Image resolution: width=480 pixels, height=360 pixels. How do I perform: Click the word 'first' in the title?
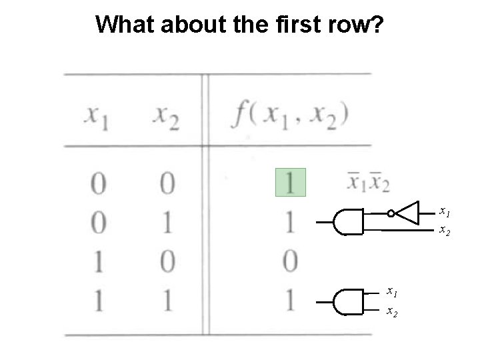pyautogui.click(x=273, y=25)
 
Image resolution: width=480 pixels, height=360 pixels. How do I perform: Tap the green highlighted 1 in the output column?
pyautogui.click(x=291, y=182)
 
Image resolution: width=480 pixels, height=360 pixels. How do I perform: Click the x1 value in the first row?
pyautogui.click(x=98, y=183)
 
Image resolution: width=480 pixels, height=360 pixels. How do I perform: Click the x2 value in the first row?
pyautogui.click(x=166, y=183)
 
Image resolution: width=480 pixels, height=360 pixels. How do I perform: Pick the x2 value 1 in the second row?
pyautogui.click(x=166, y=223)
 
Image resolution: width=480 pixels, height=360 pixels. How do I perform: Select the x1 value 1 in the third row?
pyautogui.click(x=98, y=262)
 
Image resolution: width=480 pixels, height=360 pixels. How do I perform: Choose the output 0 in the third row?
pyautogui.click(x=291, y=262)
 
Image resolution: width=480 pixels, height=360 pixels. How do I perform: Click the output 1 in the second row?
pyautogui.click(x=291, y=223)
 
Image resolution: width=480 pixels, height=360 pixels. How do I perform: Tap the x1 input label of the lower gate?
pyautogui.click(x=393, y=291)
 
